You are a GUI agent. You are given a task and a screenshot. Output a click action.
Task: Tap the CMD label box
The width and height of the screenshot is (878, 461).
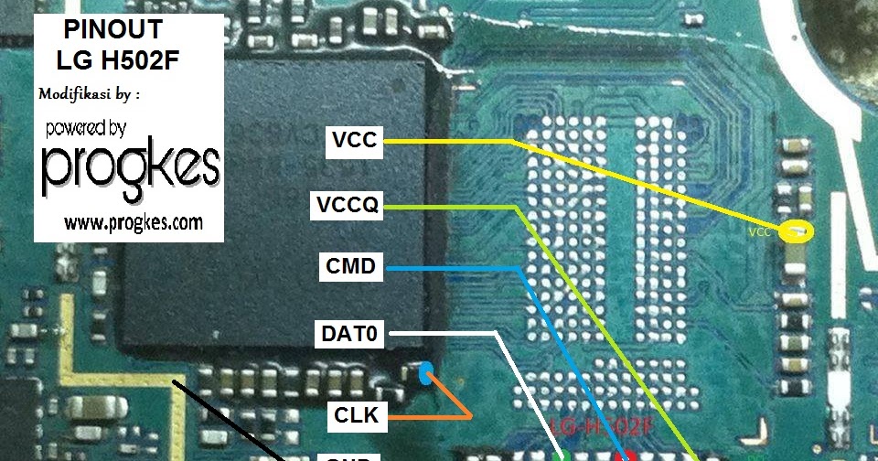tap(350, 267)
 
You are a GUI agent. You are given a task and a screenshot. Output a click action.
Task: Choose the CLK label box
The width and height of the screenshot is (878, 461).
tap(355, 416)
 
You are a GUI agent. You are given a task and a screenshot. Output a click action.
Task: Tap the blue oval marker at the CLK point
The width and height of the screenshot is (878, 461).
tap(424, 373)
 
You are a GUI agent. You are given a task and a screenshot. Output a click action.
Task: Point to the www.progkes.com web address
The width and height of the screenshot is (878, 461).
tap(133, 222)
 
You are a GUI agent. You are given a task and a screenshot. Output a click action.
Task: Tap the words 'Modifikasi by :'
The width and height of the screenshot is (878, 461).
tap(95, 93)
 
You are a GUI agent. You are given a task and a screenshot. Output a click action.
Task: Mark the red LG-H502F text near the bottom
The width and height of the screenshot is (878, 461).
tap(599, 427)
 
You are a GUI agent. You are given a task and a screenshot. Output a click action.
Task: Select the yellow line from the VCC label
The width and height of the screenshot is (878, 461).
tap(640, 183)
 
